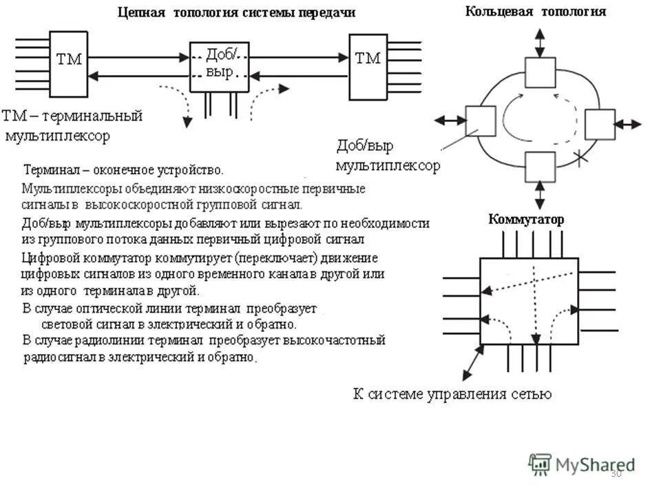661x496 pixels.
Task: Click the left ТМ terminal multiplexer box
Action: [x=68, y=64]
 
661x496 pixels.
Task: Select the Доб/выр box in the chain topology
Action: [x=219, y=66]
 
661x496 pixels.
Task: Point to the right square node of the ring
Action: [x=599, y=125]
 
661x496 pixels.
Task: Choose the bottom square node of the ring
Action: [x=540, y=166]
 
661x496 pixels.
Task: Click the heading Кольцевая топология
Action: [x=536, y=12]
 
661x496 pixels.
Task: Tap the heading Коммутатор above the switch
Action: [x=525, y=220]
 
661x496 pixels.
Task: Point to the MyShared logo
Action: [x=582, y=464]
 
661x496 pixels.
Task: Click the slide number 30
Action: [x=616, y=473]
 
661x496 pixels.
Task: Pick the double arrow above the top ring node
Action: [x=540, y=43]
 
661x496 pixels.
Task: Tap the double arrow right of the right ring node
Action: [x=627, y=125]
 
